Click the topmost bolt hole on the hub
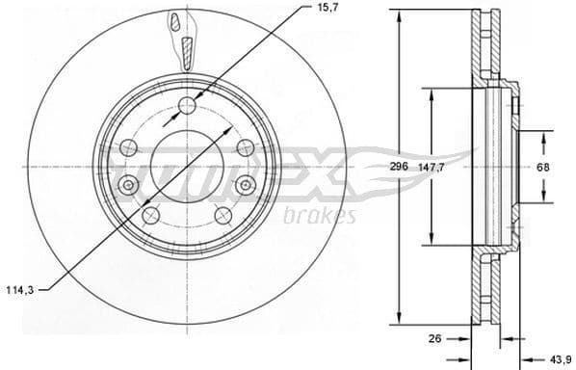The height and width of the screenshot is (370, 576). [187, 105]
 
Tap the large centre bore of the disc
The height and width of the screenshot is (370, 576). [186, 166]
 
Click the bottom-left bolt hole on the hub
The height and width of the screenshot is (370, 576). [149, 214]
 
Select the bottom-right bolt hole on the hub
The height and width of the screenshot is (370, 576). [223, 214]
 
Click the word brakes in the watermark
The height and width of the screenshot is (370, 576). [320, 214]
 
